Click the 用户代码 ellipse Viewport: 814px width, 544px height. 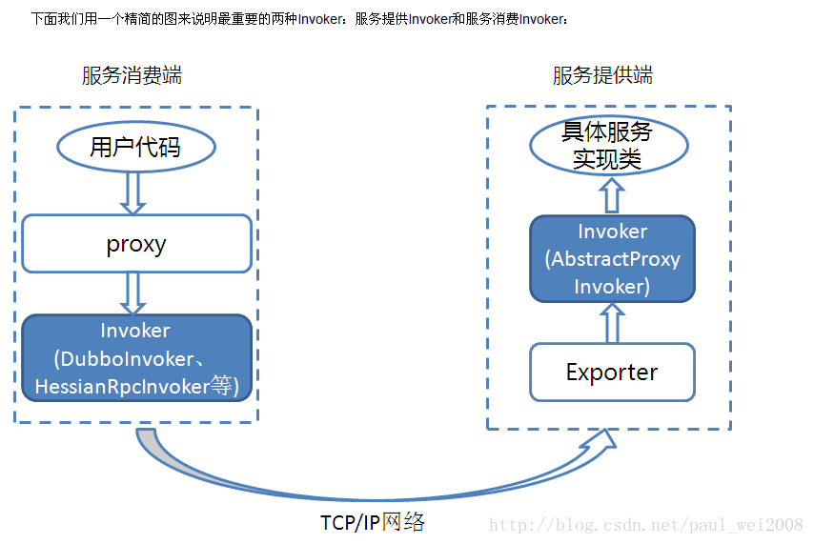136,147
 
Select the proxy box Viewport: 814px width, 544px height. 136,244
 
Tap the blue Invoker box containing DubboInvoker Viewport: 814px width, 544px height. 136,357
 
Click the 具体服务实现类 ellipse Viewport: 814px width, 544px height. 610,147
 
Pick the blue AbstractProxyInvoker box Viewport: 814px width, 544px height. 612,259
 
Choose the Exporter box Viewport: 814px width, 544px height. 612,372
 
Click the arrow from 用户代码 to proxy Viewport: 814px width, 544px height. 135,193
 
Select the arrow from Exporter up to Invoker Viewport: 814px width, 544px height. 612,324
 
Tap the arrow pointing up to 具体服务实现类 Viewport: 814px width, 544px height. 612,196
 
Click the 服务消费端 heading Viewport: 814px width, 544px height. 132,76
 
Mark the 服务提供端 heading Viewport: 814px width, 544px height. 602,76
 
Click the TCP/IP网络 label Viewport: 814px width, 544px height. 373,522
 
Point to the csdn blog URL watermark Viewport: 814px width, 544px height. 645,525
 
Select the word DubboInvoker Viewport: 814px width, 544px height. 125,359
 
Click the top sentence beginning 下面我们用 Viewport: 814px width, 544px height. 299,18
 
